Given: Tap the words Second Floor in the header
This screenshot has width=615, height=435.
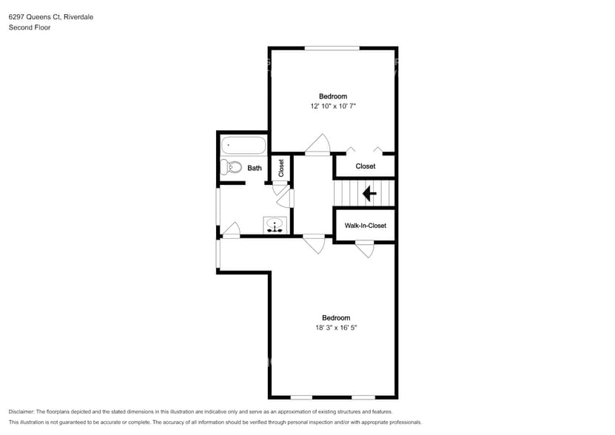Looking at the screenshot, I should click(x=29, y=27).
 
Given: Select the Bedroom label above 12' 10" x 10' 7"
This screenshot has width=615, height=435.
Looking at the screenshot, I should click(x=332, y=96).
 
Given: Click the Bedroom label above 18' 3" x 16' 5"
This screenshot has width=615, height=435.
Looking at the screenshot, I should click(x=335, y=318).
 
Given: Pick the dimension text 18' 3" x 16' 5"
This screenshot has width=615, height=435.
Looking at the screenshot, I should click(x=335, y=328).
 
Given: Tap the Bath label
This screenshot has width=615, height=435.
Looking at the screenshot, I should click(x=254, y=168).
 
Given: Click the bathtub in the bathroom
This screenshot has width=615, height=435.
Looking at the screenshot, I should click(x=243, y=145).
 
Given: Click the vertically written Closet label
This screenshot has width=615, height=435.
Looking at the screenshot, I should click(x=280, y=168).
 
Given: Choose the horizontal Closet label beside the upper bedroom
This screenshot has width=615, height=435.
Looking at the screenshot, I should click(x=365, y=166).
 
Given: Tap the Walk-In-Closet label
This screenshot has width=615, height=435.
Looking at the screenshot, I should click(x=365, y=226).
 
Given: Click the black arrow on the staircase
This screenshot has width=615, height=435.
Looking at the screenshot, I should click(x=368, y=194).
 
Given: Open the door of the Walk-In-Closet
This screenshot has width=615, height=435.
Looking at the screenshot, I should click(x=364, y=249).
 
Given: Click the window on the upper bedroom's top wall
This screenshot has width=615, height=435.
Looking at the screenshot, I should click(x=332, y=49).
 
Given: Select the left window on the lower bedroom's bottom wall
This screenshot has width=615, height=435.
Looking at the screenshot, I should click(x=301, y=397).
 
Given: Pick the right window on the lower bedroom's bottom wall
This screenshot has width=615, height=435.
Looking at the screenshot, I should click(x=363, y=397).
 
